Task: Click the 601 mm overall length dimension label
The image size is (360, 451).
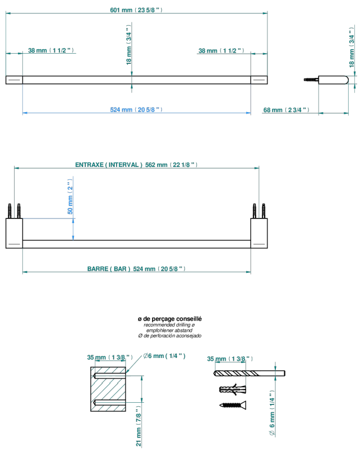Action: pyautogui.click(x=136, y=10)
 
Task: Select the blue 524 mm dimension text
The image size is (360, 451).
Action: pyautogui.click(x=136, y=110)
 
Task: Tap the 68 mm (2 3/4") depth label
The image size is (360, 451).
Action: pyautogui.click(x=287, y=110)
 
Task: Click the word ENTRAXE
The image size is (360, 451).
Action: pyautogui.click(x=89, y=165)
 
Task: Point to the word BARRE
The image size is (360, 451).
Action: pyautogui.click(x=98, y=269)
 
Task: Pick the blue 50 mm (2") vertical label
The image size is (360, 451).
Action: pyautogui.click(x=70, y=197)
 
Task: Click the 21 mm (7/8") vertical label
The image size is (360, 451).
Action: pyautogui.click(x=139, y=426)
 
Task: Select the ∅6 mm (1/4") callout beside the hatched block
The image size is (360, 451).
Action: pyautogui.click(x=164, y=356)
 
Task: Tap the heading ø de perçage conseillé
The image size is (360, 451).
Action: pyautogui.click(x=169, y=319)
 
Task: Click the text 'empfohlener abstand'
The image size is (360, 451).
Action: pyautogui.click(x=169, y=331)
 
